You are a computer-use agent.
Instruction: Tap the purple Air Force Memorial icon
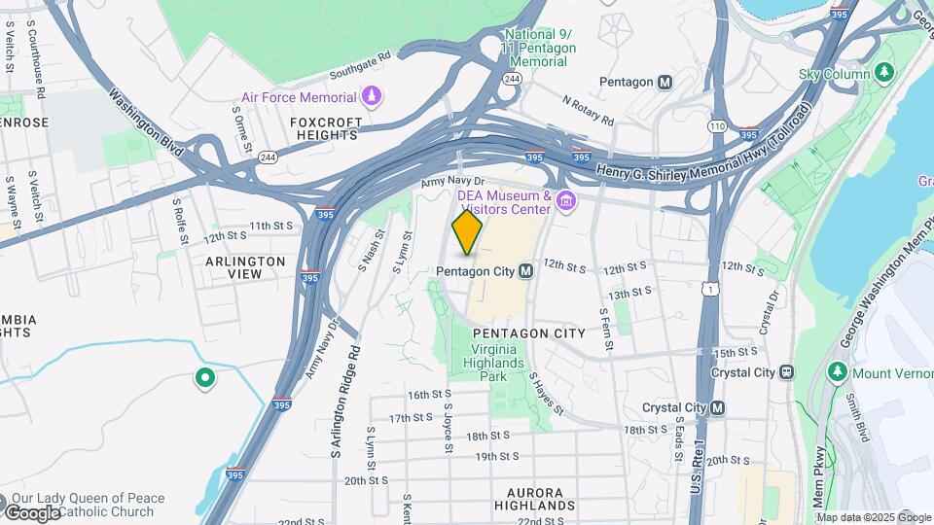[371, 96]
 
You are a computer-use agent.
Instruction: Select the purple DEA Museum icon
[567, 201]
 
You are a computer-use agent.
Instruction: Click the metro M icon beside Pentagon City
[525, 270]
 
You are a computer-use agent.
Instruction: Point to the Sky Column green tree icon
[883, 73]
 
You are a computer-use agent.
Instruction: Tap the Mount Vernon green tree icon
[837, 372]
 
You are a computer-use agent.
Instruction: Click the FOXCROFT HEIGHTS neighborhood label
[326, 128]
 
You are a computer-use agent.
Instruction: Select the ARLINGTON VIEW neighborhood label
[245, 267]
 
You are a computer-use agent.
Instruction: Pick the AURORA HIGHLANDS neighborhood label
[534, 499]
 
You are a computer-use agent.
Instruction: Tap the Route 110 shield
[717, 126]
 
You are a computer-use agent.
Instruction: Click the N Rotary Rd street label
[588, 110]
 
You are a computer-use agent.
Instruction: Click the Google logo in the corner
[32, 512]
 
